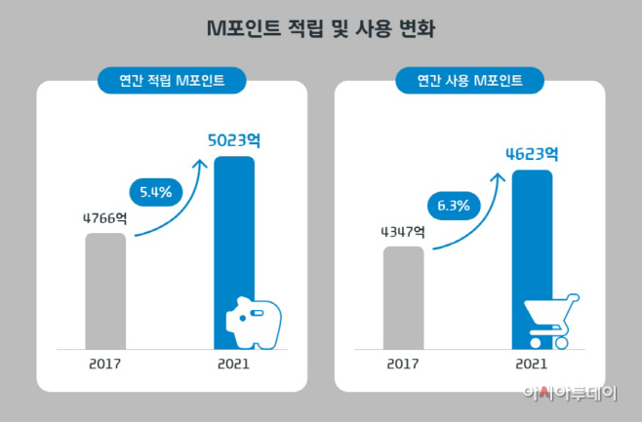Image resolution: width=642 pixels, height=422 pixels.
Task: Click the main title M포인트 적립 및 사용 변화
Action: click(x=321, y=29)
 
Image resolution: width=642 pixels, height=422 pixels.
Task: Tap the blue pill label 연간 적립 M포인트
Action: click(x=172, y=81)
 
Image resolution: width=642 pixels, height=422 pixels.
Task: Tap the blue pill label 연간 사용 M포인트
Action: click(x=469, y=81)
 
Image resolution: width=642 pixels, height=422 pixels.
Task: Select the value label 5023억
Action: click(x=233, y=139)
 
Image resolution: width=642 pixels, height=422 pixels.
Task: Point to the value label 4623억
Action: click(x=532, y=153)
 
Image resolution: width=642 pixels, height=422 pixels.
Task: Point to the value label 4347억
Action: click(x=403, y=231)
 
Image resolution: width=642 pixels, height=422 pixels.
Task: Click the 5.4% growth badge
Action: click(x=151, y=192)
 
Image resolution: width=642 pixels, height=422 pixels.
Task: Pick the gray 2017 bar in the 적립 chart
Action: click(x=105, y=289)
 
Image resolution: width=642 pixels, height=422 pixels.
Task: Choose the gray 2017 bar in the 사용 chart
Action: click(x=403, y=296)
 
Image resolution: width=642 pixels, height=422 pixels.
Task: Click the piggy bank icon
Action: click(x=253, y=321)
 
